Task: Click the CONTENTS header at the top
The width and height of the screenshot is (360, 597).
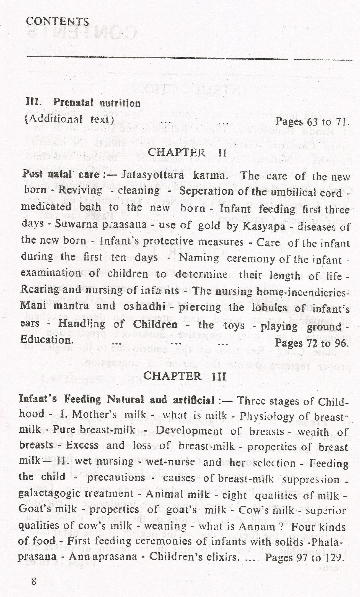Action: tap(57, 22)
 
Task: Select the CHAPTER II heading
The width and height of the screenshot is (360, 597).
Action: tap(187, 152)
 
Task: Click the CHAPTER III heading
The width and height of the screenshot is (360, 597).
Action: tap(185, 376)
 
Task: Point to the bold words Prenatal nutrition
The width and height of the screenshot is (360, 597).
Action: tap(97, 103)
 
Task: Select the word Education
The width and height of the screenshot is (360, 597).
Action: tap(47, 340)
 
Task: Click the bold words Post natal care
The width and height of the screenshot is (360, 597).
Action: tap(61, 174)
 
